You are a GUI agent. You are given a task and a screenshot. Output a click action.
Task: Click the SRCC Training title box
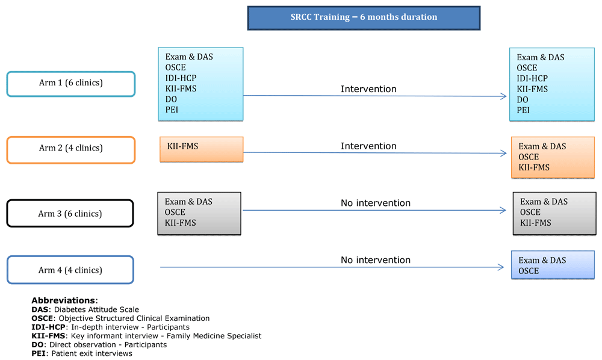(364, 17)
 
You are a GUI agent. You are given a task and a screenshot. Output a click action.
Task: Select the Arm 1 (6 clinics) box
(71, 84)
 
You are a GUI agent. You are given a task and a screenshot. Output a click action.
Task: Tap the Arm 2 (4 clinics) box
(71, 150)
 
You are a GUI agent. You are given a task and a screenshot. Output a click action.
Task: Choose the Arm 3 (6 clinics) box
(70, 213)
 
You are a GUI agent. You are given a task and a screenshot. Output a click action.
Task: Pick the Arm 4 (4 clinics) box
(70, 270)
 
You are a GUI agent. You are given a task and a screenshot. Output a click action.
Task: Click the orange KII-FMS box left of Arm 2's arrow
(202, 149)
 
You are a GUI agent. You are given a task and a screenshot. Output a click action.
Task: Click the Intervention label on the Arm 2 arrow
(368, 146)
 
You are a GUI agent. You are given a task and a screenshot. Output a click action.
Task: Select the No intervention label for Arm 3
(376, 203)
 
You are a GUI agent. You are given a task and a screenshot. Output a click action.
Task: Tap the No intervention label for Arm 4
(376, 260)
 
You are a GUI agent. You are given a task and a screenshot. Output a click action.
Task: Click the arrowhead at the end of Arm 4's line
(501, 267)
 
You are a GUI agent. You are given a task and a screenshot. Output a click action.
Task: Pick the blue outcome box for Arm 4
(553, 265)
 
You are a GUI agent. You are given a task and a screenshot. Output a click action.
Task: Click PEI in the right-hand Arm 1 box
(523, 110)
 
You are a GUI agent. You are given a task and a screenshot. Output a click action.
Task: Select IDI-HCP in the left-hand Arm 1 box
(181, 78)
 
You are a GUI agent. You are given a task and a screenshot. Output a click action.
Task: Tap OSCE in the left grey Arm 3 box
(175, 213)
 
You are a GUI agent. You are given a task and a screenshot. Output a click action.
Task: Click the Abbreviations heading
(64, 300)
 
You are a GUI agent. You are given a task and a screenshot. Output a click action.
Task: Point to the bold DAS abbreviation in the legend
(40, 309)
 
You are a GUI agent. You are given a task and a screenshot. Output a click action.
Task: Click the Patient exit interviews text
(92, 353)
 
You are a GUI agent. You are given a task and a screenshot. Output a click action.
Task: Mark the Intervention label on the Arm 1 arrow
(368, 88)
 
